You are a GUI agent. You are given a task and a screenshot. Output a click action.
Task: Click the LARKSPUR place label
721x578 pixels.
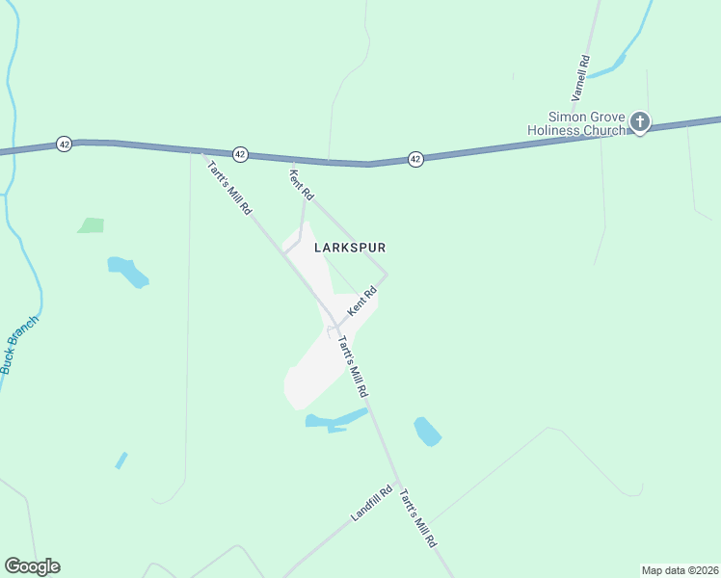pos(351,248)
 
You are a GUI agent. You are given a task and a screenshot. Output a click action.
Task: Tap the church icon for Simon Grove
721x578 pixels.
pos(640,122)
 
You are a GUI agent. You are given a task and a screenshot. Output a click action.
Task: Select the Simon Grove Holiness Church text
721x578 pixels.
pos(575,123)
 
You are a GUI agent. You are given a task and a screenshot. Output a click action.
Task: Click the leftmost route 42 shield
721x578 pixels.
pos(64,143)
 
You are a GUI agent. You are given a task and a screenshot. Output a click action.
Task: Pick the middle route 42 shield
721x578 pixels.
pos(240,154)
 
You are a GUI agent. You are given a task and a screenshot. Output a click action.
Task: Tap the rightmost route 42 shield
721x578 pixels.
pos(415,158)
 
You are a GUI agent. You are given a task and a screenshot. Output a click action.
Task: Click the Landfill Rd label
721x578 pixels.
pos(372,503)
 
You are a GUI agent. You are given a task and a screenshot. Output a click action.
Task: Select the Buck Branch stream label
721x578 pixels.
pos(20,344)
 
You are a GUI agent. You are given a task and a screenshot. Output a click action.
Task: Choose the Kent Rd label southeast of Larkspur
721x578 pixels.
pos(360,303)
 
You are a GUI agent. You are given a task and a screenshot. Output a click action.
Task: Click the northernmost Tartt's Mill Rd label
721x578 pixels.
pos(229,185)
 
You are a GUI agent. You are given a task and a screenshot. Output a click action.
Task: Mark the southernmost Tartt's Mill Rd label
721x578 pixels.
pos(418,516)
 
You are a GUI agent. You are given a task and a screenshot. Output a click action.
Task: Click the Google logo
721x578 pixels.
pos(32,566)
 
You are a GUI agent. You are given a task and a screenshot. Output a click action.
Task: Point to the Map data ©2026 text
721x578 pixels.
pos(679,569)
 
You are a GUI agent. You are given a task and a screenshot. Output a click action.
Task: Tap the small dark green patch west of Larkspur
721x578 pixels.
pos(91,225)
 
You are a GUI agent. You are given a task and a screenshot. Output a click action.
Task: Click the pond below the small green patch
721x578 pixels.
pos(128,272)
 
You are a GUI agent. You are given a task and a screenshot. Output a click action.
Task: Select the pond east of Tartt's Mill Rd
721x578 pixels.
pos(426,432)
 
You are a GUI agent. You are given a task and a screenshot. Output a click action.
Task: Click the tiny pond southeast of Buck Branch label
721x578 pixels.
pos(120,460)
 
